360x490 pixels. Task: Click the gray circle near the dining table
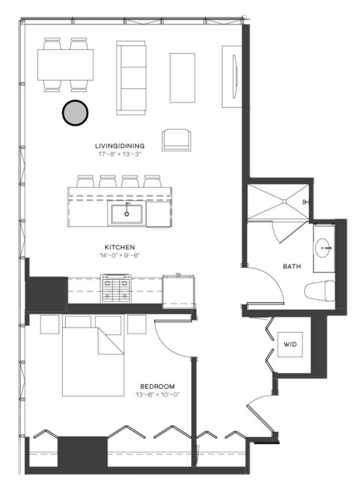coord(75,113)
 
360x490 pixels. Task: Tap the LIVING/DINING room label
coord(120,146)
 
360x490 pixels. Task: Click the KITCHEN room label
coord(120,247)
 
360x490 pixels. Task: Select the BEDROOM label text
coord(157,386)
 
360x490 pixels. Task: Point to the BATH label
coord(292,266)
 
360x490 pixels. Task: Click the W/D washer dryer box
coord(290,344)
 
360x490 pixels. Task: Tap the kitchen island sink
coord(127,213)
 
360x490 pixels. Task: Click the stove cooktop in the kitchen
coord(116,288)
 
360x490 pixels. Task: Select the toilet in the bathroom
coord(319,291)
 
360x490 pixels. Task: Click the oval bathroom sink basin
coord(323,248)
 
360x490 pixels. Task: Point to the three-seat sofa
coord(131,77)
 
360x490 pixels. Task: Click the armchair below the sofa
coord(177,140)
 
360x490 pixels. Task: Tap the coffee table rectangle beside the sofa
coord(183,77)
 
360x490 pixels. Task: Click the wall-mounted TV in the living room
coord(235,77)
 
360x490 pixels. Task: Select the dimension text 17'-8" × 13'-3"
coord(120,154)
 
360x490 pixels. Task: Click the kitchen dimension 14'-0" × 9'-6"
coord(120,255)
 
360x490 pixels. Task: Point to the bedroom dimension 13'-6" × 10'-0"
coord(157,395)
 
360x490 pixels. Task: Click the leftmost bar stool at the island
coord(85,181)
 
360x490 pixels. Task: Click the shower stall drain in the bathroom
coord(284,202)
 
